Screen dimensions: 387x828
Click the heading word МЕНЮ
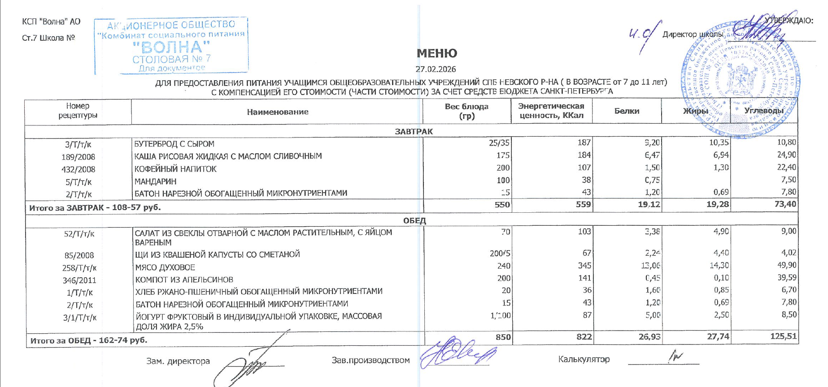[x=436, y=53]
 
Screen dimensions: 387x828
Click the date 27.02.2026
[x=436, y=69]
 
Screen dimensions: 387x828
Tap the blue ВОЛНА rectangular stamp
[x=172, y=46]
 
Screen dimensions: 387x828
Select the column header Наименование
[x=278, y=112]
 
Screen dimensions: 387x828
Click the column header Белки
[x=627, y=111]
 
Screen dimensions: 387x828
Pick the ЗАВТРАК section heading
[x=414, y=132]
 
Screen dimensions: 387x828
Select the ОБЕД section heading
[x=414, y=221]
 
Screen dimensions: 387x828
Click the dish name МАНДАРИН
[x=155, y=181]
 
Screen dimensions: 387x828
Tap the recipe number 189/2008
[x=78, y=157]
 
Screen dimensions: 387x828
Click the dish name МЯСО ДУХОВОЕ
[x=165, y=267]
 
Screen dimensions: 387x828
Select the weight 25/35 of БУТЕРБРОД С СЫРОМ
[x=499, y=143]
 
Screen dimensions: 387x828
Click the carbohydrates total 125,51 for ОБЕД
[x=783, y=336]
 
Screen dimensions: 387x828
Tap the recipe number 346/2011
[x=79, y=280]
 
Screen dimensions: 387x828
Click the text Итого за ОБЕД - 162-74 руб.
[x=89, y=340]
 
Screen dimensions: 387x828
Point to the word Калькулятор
[x=584, y=359]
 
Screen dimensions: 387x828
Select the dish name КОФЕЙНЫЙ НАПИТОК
[x=175, y=169]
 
